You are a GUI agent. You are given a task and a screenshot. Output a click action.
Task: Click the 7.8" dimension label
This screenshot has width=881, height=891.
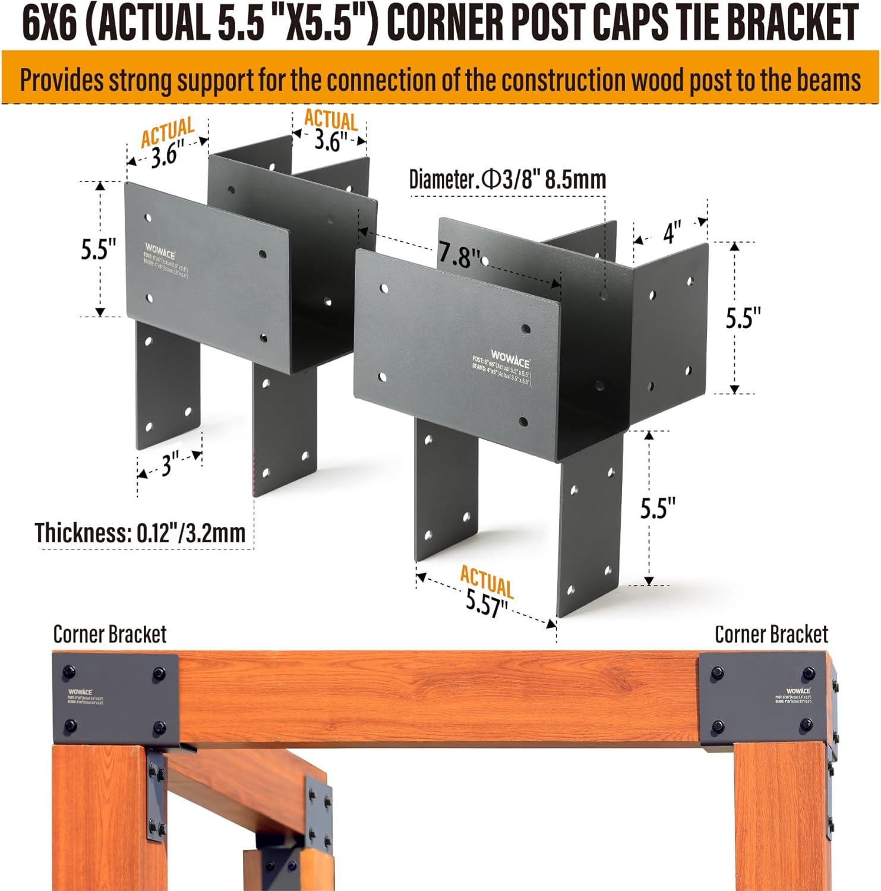[x=459, y=255]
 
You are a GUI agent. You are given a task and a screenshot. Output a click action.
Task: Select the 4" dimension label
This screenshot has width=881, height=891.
[x=672, y=232]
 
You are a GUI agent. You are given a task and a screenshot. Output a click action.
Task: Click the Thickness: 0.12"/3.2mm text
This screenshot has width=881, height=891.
[x=140, y=533]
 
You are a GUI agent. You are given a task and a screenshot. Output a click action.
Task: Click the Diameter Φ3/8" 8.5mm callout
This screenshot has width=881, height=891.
[x=507, y=179]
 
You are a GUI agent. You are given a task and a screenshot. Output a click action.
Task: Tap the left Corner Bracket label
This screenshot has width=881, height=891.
[x=110, y=634]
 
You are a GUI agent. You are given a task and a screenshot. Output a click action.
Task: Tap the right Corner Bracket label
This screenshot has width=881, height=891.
[x=771, y=634]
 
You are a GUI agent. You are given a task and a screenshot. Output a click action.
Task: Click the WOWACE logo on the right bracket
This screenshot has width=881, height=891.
[x=510, y=358]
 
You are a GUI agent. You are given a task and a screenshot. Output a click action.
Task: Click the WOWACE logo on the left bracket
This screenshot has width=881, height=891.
[x=160, y=249]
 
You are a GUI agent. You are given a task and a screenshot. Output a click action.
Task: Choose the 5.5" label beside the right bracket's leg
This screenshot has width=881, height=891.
[x=658, y=508]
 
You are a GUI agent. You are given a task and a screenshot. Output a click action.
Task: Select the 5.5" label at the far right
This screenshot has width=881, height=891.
[x=743, y=318]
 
